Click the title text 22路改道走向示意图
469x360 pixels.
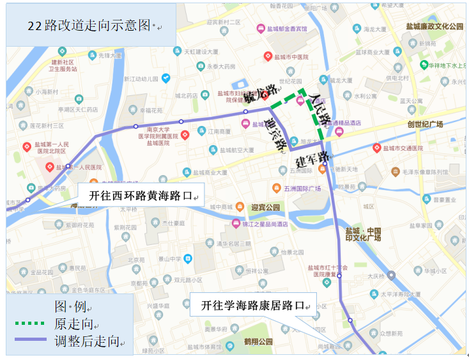(89, 26)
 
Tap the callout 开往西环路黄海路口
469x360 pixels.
(140, 196)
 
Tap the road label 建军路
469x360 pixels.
(312, 158)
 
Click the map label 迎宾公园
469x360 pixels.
(266, 207)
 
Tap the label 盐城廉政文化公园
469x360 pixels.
(434, 27)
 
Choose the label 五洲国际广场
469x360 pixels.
(300, 189)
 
